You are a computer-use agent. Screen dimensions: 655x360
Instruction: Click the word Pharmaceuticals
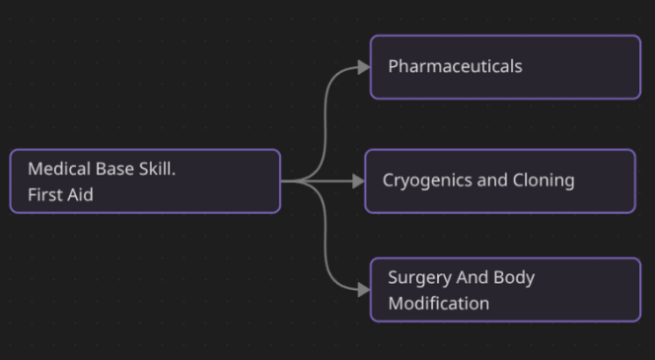455,66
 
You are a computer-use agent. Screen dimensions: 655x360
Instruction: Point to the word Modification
439,303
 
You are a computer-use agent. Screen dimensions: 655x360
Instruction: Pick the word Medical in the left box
59,169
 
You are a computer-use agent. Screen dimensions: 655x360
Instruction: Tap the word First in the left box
42,194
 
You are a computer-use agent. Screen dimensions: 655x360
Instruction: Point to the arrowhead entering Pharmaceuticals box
364,67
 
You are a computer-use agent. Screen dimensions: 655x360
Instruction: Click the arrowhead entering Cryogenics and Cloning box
358,181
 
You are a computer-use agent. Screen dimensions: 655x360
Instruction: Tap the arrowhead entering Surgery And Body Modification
364,290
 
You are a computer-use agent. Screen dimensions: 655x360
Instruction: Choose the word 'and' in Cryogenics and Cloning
492,180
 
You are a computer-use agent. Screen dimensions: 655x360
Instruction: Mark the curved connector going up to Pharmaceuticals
326,125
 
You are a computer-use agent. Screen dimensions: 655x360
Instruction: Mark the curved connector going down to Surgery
326,236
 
